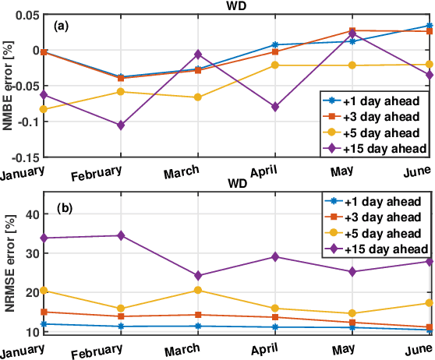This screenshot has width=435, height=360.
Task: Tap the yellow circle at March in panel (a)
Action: tap(198, 97)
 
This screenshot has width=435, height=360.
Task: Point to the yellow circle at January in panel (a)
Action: tap(44, 109)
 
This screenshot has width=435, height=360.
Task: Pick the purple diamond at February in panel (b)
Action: tap(120, 235)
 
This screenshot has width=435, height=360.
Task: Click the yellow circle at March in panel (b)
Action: tap(198, 290)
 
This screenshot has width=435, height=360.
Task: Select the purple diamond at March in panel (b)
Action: tap(198, 275)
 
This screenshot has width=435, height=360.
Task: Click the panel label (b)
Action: tap(63, 209)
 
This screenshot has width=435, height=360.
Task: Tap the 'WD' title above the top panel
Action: tap(236, 5)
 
